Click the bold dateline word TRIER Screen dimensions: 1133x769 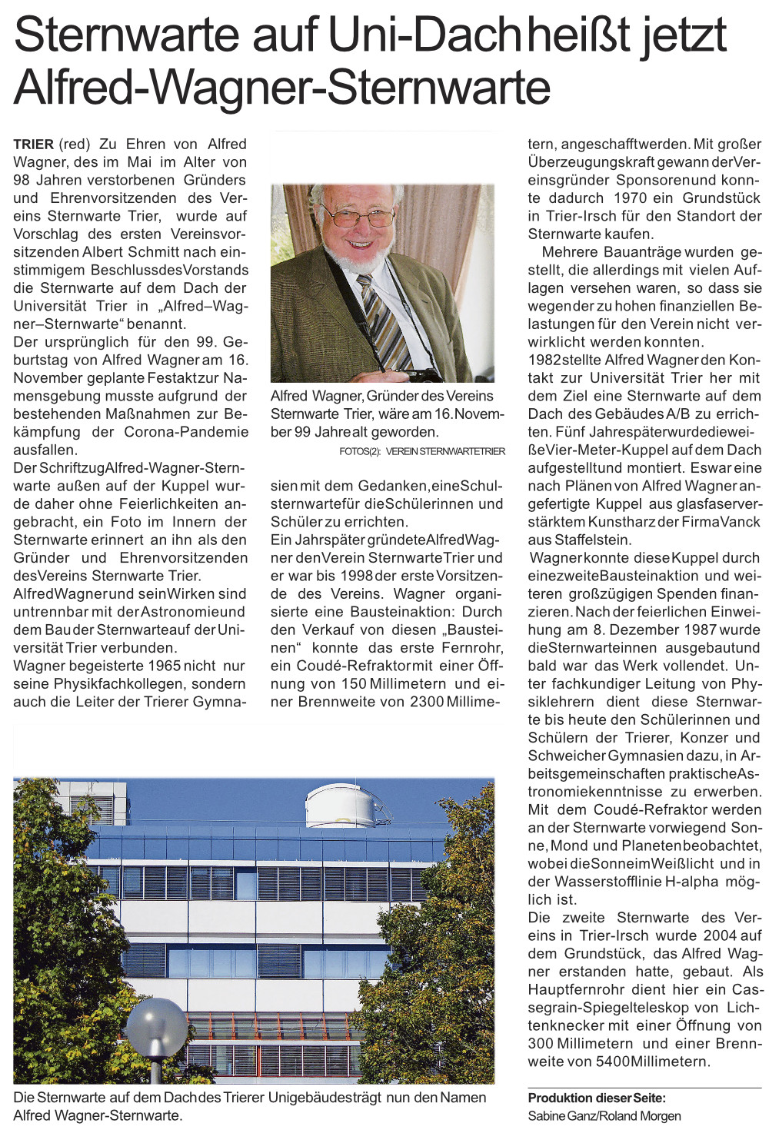click(33, 145)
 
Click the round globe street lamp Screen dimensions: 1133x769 click(156, 1026)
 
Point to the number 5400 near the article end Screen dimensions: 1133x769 click(612, 1062)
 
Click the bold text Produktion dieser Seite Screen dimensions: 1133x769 click(597, 1098)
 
